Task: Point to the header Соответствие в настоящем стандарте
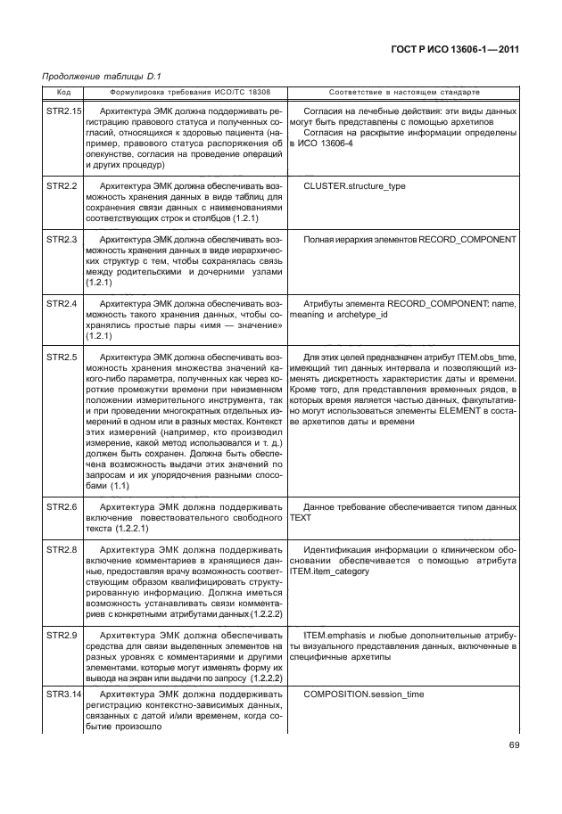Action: [x=404, y=92]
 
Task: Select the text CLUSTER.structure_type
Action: [x=354, y=185]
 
